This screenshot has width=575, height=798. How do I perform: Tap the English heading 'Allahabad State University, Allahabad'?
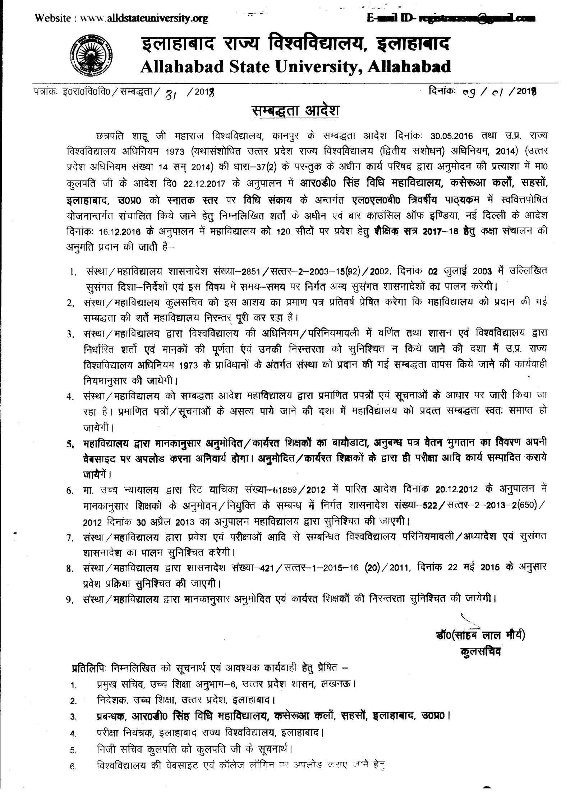click(x=296, y=67)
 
